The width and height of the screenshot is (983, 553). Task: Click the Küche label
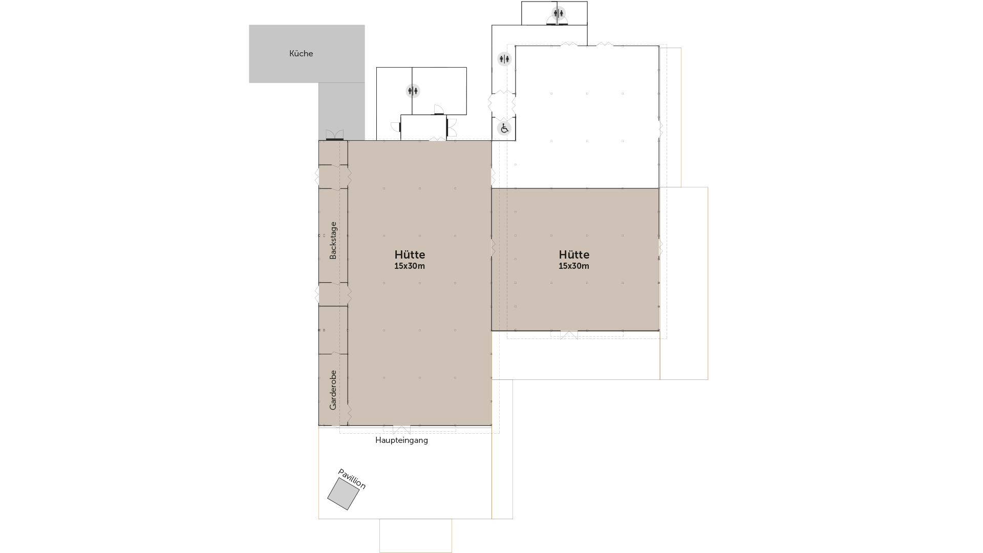click(x=301, y=53)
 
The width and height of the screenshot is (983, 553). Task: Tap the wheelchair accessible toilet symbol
click(x=504, y=128)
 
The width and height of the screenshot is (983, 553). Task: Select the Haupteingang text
click(x=401, y=440)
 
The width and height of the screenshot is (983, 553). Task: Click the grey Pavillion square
click(x=343, y=494)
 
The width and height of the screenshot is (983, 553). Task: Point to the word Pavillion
click(x=352, y=479)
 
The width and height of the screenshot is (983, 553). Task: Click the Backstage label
click(x=333, y=240)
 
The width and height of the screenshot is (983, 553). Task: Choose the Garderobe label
click(x=333, y=390)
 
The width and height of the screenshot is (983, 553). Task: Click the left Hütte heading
click(x=410, y=254)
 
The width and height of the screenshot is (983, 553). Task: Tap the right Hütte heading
click(x=574, y=254)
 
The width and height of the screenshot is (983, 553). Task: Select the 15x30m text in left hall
click(x=410, y=266)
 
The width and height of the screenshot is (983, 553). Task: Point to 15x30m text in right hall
click(x=574, y=266)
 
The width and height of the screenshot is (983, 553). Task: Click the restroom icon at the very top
click(x=559, y=13)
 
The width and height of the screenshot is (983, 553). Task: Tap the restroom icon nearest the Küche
click(x=413, y=91)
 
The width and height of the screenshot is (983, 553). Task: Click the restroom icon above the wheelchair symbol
click(x=504, y=59)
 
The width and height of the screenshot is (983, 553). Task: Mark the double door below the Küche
click(x=335, y=135)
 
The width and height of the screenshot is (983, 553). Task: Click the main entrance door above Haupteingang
click(x=401, y=430)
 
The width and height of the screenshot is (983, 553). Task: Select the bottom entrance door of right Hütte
click(x=569, y=335)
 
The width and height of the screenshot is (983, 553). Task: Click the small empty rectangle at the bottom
click(x=416, y=536)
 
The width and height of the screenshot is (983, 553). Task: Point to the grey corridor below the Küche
click(x=341, y=111)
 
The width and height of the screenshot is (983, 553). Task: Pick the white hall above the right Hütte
click(x=587, y=117)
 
